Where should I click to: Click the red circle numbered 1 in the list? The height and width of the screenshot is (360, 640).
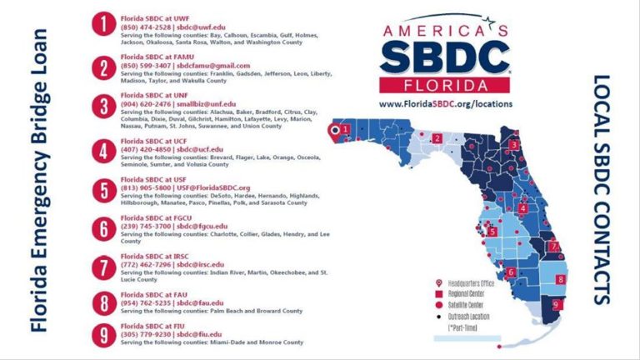coord(102,26)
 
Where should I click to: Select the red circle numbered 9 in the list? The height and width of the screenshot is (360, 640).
coord(102,336)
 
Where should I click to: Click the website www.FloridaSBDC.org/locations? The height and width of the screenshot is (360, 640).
coord(445,104)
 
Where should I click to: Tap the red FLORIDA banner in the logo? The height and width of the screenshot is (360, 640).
coord(445,85)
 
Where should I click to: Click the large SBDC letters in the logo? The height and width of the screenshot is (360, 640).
coord(445,57)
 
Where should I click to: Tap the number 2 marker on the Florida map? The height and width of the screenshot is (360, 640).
coord(437,138)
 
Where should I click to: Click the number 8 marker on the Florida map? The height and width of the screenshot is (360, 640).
coord(561,279)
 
